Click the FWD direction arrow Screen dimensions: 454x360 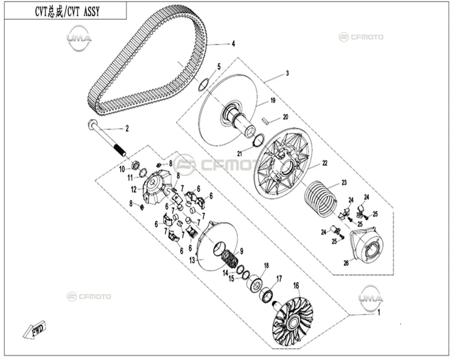coord(34,330)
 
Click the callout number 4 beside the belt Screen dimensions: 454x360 coord(233,44)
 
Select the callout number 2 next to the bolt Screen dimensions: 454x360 coord(127,128)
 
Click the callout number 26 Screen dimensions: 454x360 coord(346,263)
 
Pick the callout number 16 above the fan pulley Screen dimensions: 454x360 coord(296,286)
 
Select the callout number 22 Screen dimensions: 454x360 coord(325,163)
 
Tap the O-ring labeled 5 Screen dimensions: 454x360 coord(203,84)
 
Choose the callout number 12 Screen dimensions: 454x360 coord(134,190)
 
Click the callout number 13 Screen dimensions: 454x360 coord(192,260)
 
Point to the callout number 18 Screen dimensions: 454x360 coord(267,265)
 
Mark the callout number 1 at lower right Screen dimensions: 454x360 coord(379,312)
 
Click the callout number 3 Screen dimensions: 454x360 coord(287,73)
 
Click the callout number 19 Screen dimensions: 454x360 coord(273,100)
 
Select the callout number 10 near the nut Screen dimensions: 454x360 coord(122,169)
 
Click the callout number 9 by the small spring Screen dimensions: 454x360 coord(241,252)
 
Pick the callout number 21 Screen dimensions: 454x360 coord(239,153)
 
